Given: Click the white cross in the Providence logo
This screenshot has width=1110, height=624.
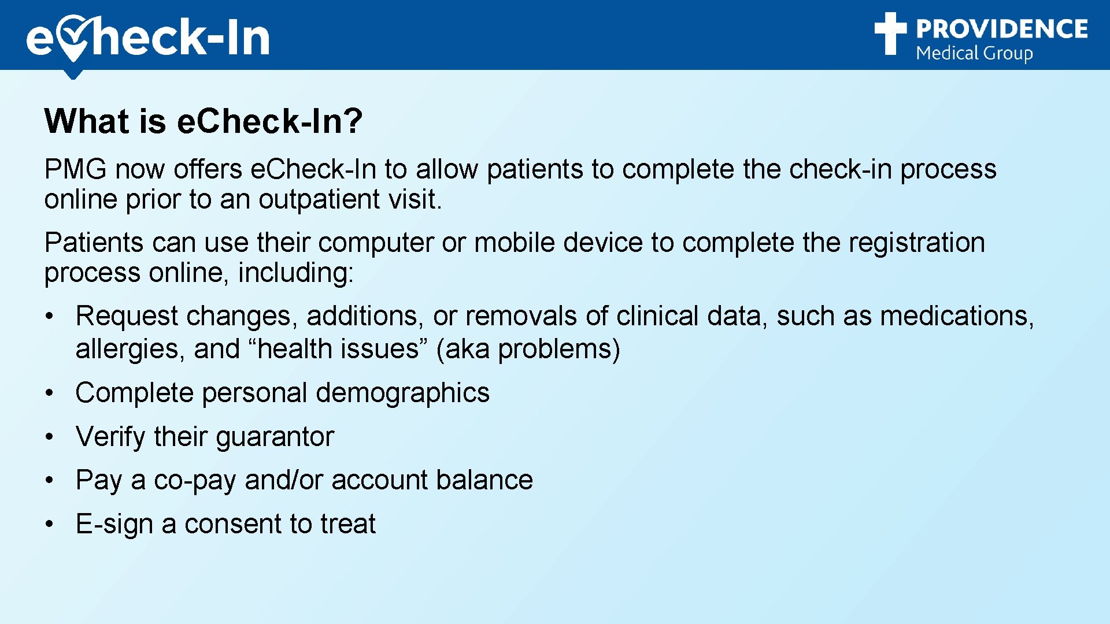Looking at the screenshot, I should point(890,34).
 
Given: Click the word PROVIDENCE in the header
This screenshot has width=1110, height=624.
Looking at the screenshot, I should point(1001,29).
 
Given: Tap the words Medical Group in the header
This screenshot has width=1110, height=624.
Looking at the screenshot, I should point(974,54).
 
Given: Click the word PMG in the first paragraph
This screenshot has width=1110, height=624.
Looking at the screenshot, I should point(75,170).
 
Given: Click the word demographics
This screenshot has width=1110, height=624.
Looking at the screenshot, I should point(402,393).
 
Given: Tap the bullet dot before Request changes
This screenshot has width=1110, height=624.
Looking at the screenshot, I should point(50,317).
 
